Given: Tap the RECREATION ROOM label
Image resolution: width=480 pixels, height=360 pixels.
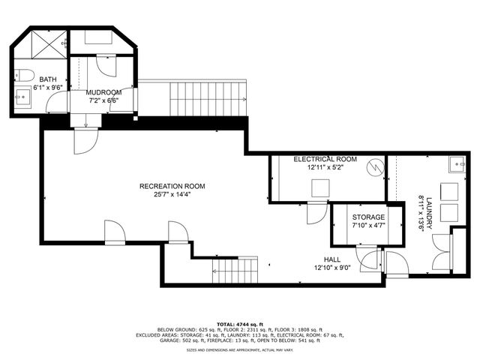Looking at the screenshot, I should (172, 186).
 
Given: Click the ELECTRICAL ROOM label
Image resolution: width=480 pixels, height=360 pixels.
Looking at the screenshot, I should (325, 160).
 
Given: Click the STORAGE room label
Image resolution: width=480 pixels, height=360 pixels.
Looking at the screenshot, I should (368, 217).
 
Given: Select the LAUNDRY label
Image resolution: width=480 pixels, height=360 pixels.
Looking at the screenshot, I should (430, 211).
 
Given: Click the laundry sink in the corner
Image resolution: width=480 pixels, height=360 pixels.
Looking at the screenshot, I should (454, 164).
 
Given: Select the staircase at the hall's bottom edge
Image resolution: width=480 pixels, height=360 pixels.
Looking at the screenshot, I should (238, 269).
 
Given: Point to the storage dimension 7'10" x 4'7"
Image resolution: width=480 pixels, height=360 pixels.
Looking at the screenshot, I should (368, 225).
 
